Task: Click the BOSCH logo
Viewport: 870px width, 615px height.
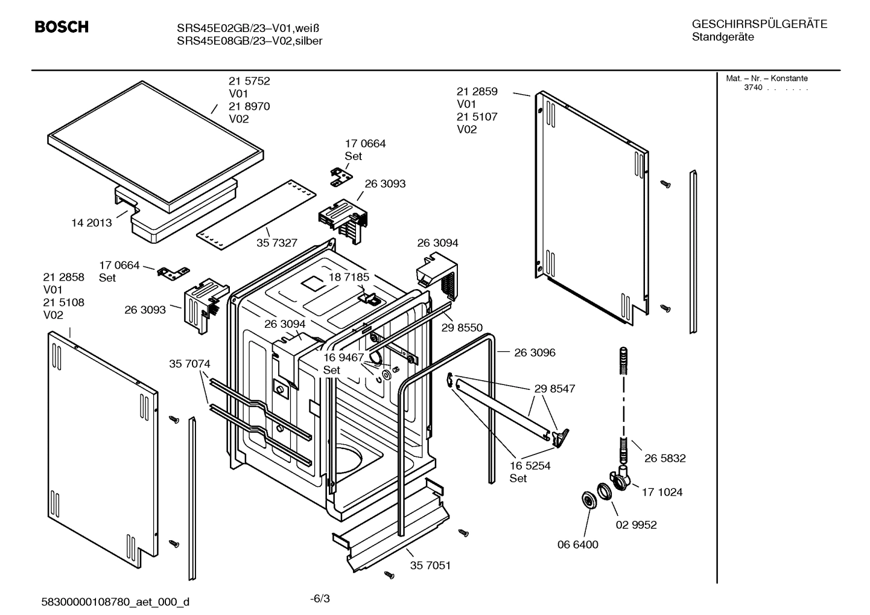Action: click(62, 27)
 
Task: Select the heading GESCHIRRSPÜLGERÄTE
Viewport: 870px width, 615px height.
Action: click(759, 24)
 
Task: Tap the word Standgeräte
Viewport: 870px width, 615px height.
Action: click(722, 37)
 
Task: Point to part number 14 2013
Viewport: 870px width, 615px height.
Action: click(91, 223)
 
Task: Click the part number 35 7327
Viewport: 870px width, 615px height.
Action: click(277, 243)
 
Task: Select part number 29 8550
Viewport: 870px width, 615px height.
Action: click(462, 328)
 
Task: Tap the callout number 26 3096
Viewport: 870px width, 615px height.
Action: click(535, 352)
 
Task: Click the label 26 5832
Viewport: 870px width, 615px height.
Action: click(665, 459)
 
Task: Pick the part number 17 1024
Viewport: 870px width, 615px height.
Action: click(662, 492)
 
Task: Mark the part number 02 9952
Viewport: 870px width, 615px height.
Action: click(636, 525)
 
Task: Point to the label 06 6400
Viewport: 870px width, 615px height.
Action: click(577, 545)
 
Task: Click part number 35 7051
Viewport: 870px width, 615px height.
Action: click(430, 566)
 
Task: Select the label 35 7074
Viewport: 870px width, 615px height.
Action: click(189, 364)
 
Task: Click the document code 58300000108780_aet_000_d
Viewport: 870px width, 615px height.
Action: click(115, 602)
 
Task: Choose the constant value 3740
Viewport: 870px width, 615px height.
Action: click(752, 88)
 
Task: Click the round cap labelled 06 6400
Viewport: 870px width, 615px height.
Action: click(586, 500)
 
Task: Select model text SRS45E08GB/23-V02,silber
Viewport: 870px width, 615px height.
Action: click(249, 41)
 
